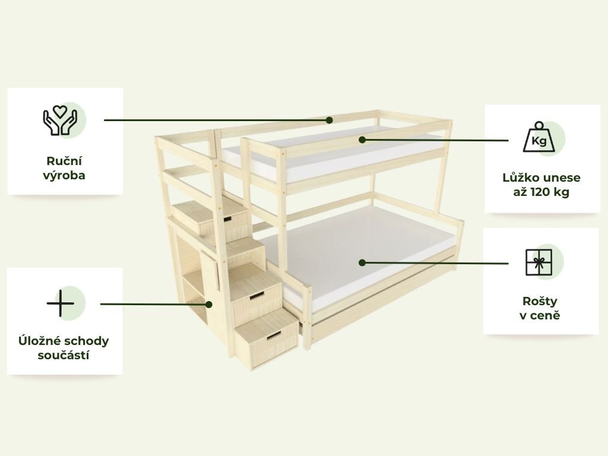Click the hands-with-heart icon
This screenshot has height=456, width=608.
coord(61,120)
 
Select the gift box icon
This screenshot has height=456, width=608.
coord(539,262)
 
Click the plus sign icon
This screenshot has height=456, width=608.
coord(61,303)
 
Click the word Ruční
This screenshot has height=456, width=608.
coord(64,161)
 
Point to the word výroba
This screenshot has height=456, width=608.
coord(64,176)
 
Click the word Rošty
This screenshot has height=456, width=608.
coord(539,300)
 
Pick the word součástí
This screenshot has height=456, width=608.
coord(64,356)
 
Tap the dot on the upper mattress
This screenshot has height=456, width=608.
coord(361,140)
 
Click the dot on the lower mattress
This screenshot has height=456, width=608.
coord(362,262)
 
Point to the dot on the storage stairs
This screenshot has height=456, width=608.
coord(210,304)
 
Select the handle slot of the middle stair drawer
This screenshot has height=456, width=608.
coord(257,295)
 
